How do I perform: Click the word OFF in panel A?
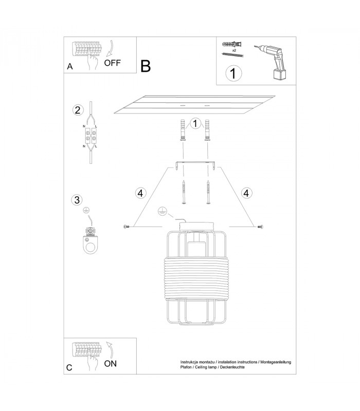point(112,63)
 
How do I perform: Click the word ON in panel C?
point(110,364)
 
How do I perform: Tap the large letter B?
point(146,66)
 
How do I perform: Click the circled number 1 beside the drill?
point(233,73)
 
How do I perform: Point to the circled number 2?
point(78,110)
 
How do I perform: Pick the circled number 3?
point(77,200)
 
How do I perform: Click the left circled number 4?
point(140,194)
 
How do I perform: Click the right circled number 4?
point(246,193)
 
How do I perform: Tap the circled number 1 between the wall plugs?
point(195,123)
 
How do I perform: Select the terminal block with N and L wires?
point(91,136)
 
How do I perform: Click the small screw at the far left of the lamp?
point(126,227)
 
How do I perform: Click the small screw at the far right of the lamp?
point(260,227)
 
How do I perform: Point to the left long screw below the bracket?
point(184,192)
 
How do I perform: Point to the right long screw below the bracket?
point(208,192)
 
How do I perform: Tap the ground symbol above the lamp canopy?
point(163,212)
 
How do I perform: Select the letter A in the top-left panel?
point(70,67)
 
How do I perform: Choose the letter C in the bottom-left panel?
point(69,367)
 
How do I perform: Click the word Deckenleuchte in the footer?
point(232,367)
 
